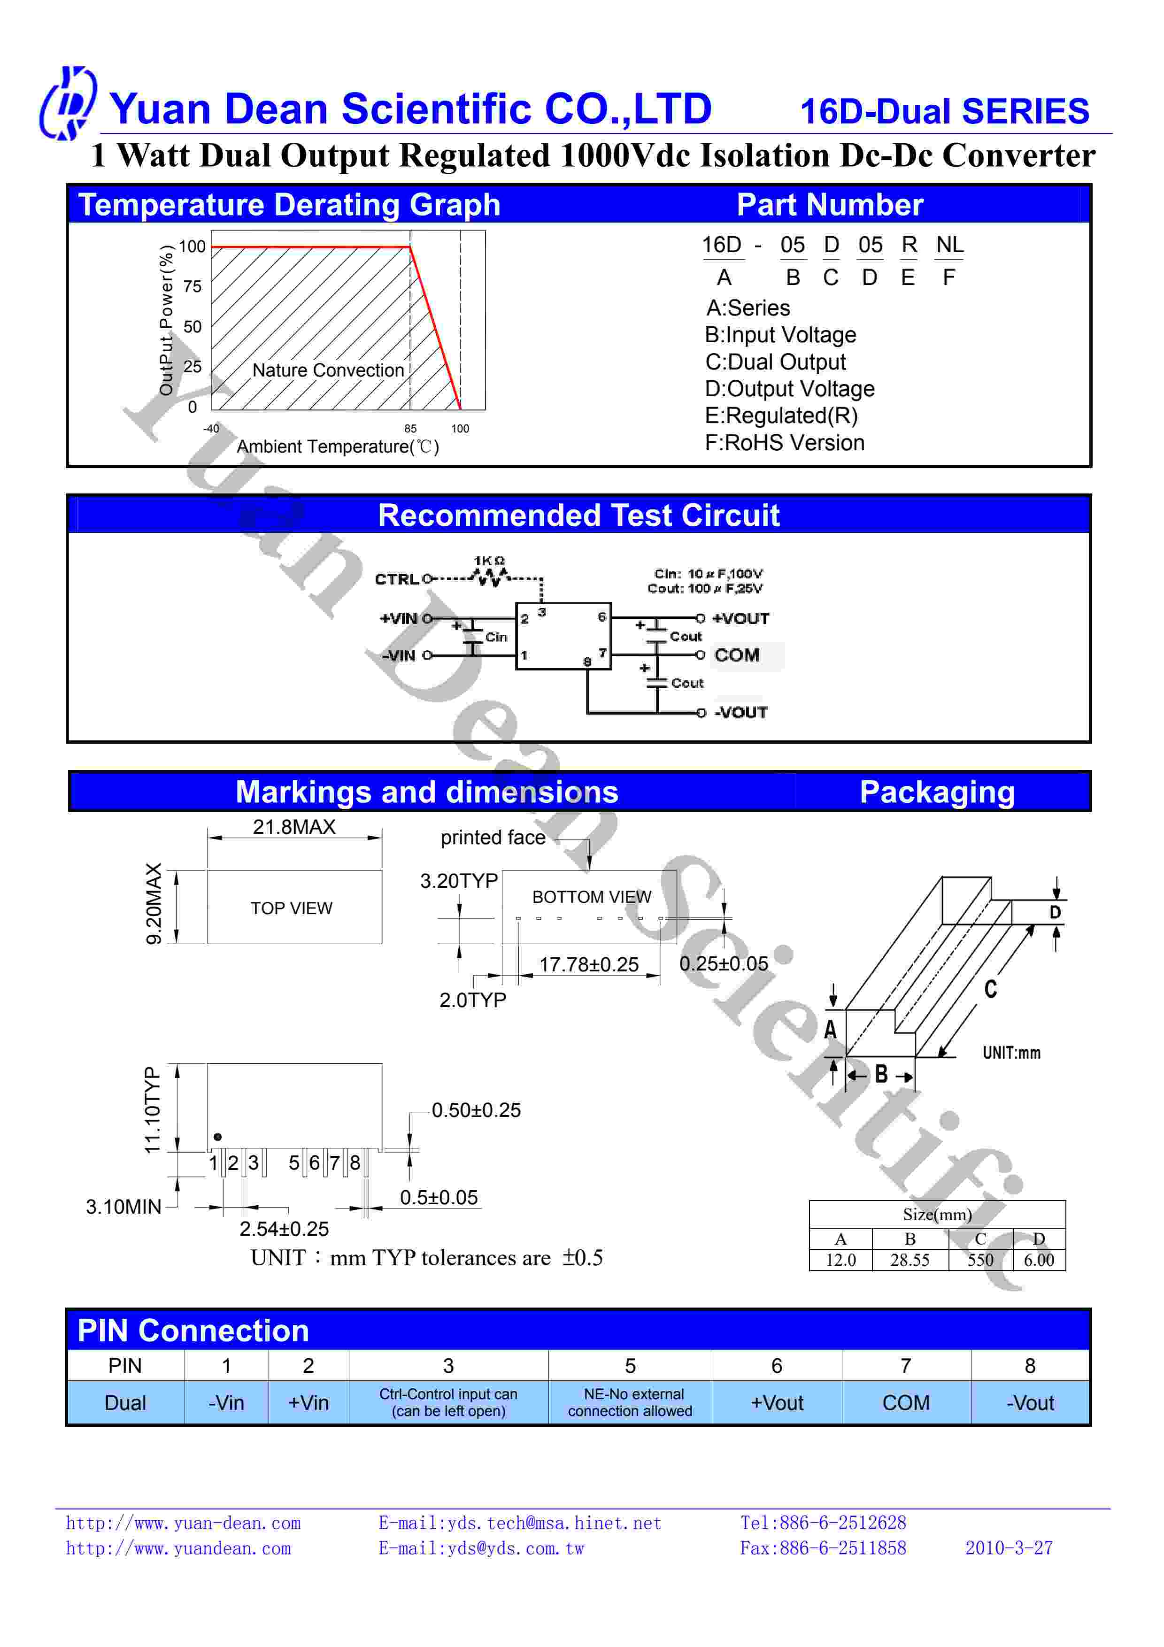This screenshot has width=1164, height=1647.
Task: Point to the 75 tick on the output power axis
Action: (x=192, y=286)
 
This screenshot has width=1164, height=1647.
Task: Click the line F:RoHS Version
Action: (x=785, y=443)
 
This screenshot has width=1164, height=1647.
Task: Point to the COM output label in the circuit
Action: (x=737, y=655)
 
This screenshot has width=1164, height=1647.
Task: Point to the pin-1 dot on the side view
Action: (x=218, y=1137)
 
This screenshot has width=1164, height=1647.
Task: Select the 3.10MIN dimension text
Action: (x=123, y=1207)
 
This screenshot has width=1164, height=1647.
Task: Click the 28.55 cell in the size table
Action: (x=910, y=1260)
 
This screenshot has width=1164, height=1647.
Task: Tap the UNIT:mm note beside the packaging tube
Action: (x=1011, y=1053)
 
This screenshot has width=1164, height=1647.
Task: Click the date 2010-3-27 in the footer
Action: (x=1009, y=1548)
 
